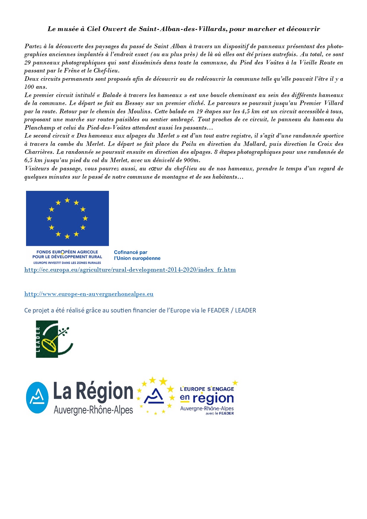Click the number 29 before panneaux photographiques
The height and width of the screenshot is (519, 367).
28,63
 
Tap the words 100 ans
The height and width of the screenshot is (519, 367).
36,87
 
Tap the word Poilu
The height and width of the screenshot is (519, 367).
189,144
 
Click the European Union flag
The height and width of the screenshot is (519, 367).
67,218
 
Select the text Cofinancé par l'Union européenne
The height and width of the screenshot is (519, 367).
137,255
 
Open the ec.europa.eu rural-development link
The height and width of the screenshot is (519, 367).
130,270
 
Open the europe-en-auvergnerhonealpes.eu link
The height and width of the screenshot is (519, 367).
89,294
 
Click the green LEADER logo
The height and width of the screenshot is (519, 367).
54,339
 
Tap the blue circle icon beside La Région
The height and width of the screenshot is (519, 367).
37,397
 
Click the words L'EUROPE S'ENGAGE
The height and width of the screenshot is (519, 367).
207,389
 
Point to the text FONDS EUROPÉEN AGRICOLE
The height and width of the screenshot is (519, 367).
67,252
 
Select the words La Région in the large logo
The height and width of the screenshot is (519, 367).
93,391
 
